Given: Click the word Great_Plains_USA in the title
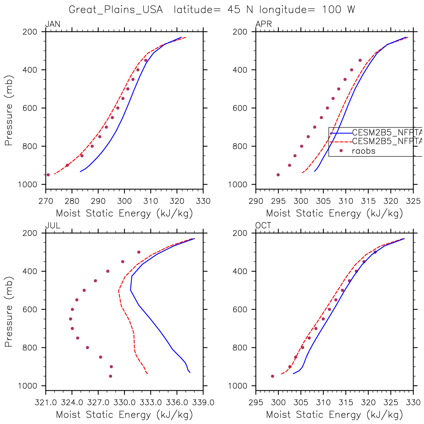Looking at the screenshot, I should (116, 10).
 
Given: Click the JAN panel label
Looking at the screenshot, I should (53, 25).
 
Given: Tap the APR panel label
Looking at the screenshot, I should (264, 25).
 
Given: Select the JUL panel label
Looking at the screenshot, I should (53, 226).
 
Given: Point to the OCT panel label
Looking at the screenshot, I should (263, 226).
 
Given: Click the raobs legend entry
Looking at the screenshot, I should (363, 151).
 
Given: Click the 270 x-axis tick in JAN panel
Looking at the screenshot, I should (46, 201).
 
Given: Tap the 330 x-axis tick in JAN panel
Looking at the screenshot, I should (203, 201).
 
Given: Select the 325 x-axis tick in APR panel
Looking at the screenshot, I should (413, 201).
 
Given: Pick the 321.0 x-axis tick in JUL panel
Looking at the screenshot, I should (46, 403).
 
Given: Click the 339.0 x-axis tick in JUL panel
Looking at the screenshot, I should (203, 403).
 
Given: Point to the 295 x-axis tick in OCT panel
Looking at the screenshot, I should (256, 403).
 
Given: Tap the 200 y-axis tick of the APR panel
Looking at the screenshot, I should (242, 32).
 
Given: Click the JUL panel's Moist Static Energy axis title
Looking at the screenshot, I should (124, 415).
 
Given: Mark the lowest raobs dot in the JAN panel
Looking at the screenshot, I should (48, 175).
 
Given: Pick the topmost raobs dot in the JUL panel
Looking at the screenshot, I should (139, 252).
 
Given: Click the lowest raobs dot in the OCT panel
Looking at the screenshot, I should (272, 376).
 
